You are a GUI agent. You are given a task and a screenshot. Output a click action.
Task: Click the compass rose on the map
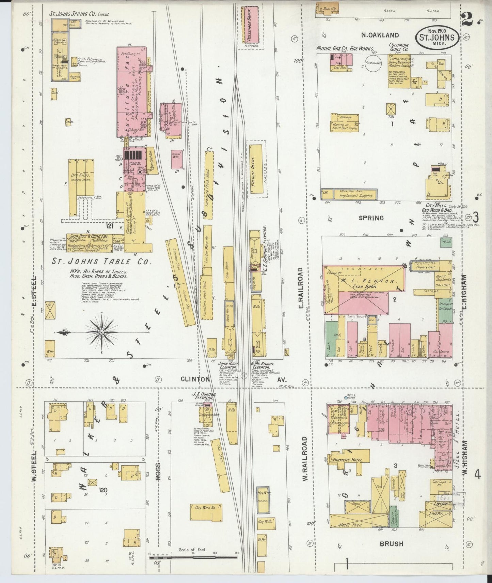(x=102, y=332)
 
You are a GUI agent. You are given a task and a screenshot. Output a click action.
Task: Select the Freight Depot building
(x=256, y=171)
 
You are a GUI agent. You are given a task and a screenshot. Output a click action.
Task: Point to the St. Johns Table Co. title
(x=101, y=262)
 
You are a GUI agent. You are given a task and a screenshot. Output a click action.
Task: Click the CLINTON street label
(x=195, y=379)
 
